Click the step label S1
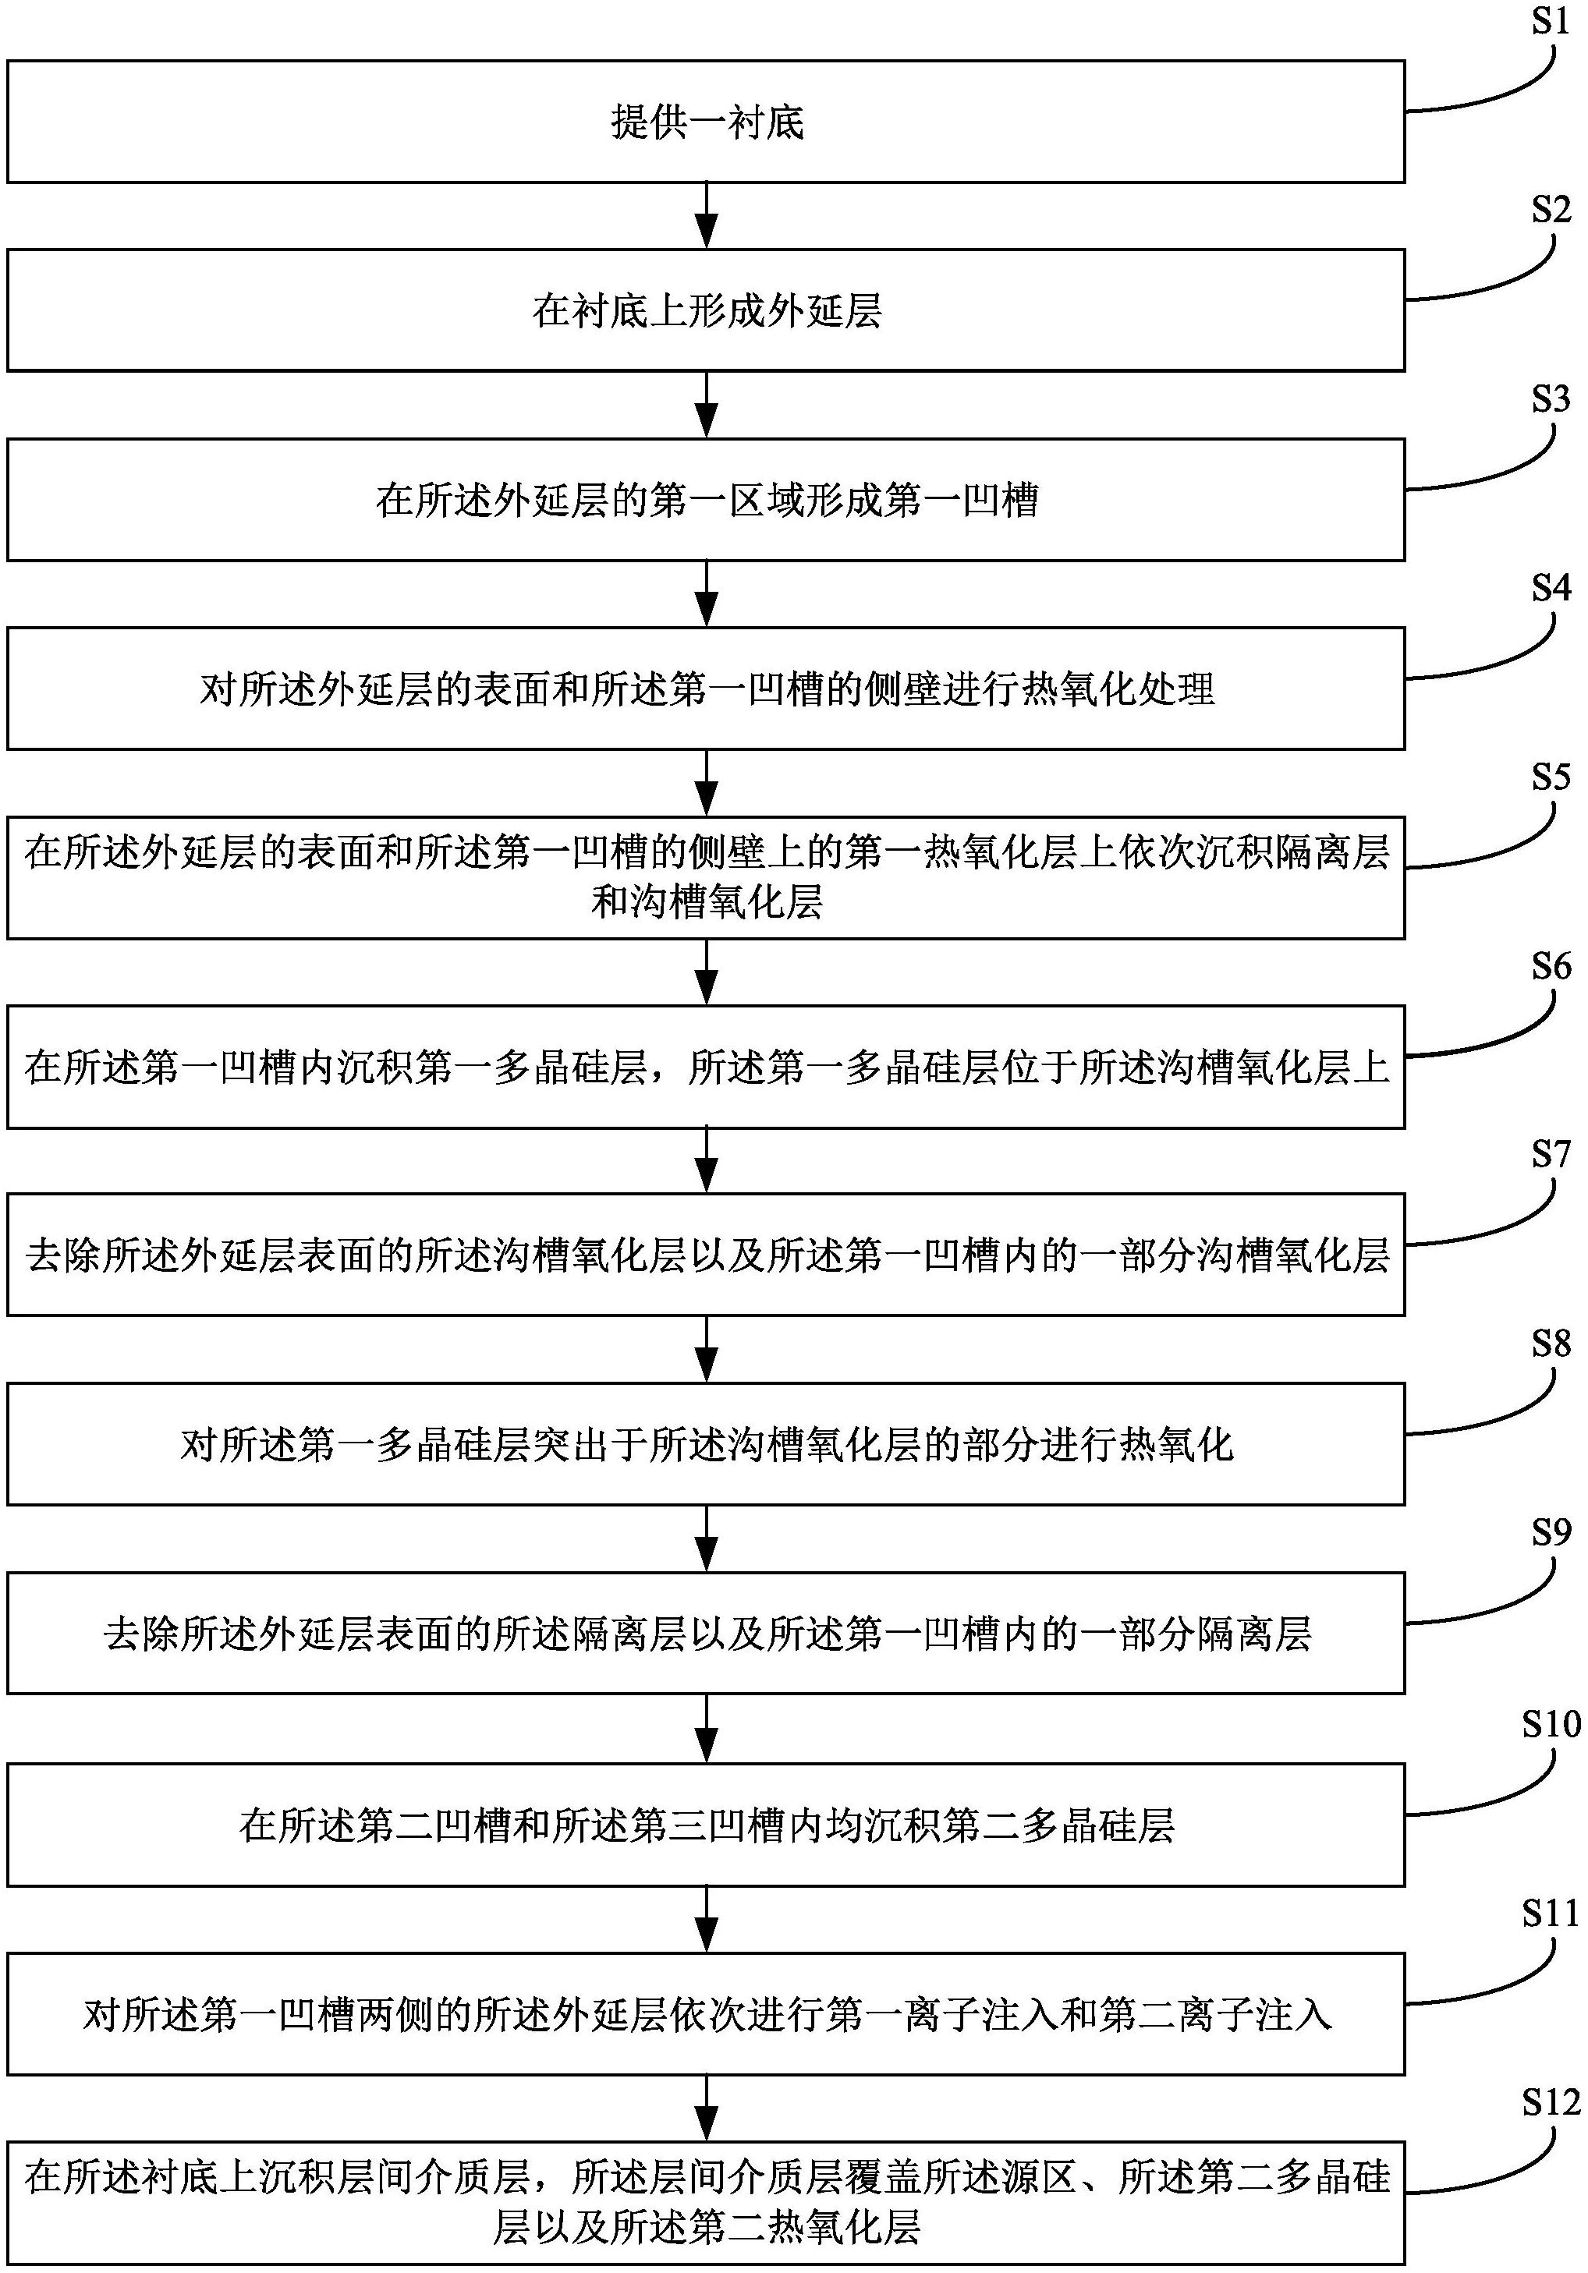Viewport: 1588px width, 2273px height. point(1551,21)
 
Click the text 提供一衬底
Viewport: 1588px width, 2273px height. point(707,122)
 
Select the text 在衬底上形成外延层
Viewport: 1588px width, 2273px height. point(707,312)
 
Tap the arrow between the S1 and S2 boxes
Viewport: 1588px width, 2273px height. point(706,216)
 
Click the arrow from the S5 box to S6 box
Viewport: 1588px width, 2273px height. point(706,972)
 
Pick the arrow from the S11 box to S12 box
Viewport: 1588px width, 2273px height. point(706,2108)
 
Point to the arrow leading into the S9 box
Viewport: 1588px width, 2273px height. point(706,1539)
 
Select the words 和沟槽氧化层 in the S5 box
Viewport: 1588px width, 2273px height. point(707,903)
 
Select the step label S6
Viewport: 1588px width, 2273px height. point(1551,966)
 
